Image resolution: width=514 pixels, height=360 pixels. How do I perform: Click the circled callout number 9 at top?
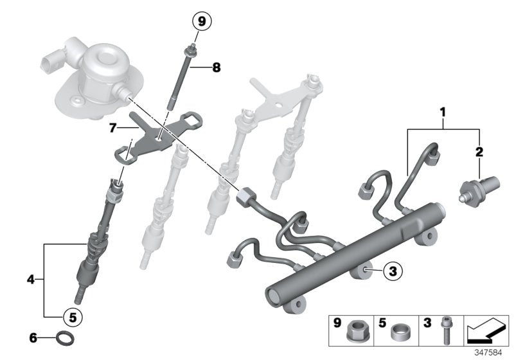[x=202, y=22]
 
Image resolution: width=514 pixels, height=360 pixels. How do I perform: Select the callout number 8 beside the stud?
[x=216, y=67]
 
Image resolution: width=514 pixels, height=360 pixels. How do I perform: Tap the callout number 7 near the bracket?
[x=113, y=129]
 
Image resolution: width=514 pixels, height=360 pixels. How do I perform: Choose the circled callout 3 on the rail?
[x=393, y=272]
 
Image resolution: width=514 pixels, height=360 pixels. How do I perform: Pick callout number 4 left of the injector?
[x=31, y=279]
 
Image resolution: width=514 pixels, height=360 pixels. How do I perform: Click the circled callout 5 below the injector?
[x=73, y=316]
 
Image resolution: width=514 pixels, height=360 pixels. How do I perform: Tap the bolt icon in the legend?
[x=445, y=332]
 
